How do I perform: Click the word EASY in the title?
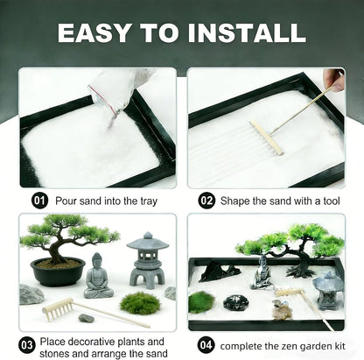94,32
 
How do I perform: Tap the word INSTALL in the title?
247,32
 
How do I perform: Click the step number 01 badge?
39,201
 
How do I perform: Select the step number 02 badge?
206,201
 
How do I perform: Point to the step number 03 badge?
27,345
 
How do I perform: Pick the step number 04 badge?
206,345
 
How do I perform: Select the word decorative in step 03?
104,342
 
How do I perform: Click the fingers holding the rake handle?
334,79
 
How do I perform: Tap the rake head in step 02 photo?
267,138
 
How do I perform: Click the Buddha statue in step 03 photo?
98,276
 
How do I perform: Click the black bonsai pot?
58,272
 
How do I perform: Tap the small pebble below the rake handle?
87,318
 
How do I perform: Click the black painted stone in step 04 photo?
236,303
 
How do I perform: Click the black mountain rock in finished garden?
219,272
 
